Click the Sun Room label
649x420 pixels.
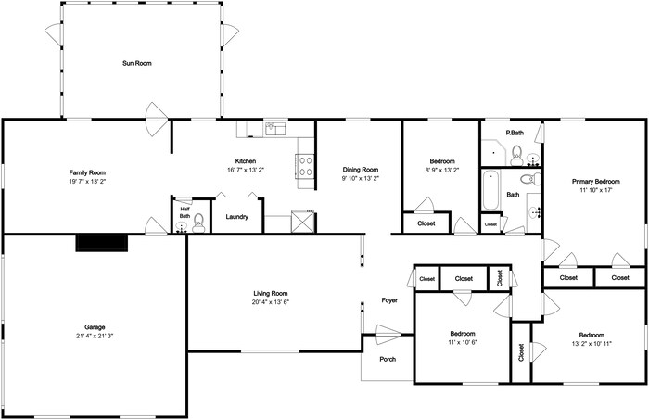click(x=137, y=63)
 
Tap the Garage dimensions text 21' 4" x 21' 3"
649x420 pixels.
click(x=95, y=336)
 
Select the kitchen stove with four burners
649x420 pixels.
click(x=306, y=166)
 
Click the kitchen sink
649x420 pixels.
click(x=275, y=129)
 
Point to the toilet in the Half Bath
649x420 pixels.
click(x=198, y=223)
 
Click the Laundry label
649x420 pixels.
click(x=236, y=217)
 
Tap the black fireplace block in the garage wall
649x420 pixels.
click(x=102, y=243)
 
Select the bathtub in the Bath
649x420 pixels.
click(x=490, y=191)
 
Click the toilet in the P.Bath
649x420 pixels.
click(x=516, y=155)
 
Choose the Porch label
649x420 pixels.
click(x=388, y=359)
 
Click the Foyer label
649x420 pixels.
click(x=389, y=300)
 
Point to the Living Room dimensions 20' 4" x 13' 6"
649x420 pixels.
click(x=271, y=302)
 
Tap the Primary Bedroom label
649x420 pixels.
click(x=596, y=181)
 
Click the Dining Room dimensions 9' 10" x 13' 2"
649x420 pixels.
click(x=361, y=178)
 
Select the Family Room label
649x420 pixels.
click(x=87, y=172)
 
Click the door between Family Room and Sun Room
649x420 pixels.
click(x=158, y=120)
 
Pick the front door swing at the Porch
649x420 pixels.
click(x=388, y=335)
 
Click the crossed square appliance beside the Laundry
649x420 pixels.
click(x=303, y=222)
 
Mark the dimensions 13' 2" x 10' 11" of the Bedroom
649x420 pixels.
click(x=592, y=343)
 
